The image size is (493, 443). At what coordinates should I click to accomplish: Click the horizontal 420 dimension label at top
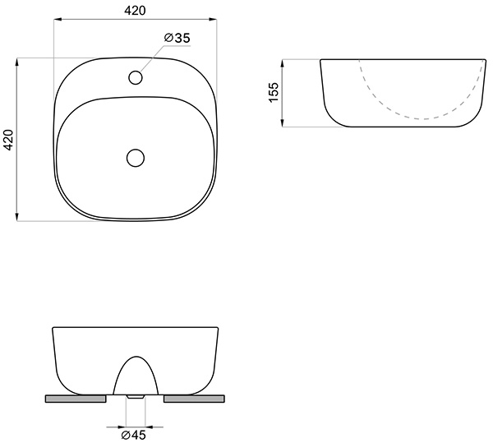136,11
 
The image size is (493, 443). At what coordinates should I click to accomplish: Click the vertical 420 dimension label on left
8,140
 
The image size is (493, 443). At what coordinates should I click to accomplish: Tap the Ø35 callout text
177,38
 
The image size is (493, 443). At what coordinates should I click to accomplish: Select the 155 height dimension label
274,92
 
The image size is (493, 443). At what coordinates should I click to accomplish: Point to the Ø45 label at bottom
134,435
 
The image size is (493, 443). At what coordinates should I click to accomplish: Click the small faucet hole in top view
136,77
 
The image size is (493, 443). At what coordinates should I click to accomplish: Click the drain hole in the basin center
136,158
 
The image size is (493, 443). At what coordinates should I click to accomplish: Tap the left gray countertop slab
76,399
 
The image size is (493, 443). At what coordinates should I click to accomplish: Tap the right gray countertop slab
194,399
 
